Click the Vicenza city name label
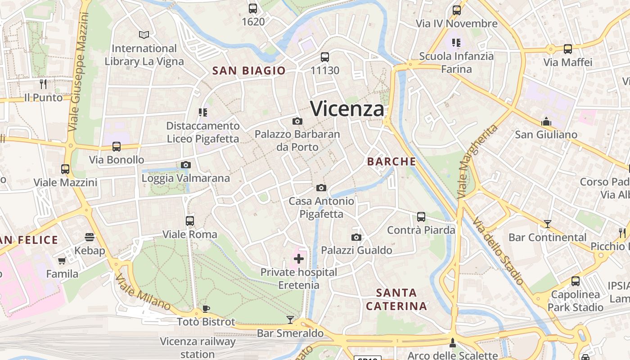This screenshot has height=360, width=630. [x=347, y=109]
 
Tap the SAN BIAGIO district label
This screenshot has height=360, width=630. [x=249, y=71]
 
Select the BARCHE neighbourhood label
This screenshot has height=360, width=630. [x=391, y=162]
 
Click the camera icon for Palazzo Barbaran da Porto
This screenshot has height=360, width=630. [x=297, y=121]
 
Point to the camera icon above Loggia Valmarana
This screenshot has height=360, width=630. [x=186, y=165]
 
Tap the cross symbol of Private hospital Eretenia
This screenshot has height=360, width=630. [x=299, y=259]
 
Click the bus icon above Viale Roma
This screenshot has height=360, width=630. [x=190, y=221]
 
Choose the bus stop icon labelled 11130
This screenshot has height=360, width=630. [x=325, y=57]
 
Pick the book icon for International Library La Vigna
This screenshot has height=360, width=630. [x=144, y=35]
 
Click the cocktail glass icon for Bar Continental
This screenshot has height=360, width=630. [x=548, y=224]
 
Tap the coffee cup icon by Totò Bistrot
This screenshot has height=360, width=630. [x=206, y=308]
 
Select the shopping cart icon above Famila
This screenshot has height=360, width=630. [x=62, y=261]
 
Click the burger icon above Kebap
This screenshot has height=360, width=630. [x=89, y=237]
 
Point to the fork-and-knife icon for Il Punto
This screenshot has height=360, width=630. [x=43, y=84]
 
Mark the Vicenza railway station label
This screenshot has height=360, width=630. [x=198, y=347]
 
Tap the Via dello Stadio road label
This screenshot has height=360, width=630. [x=498, y=251]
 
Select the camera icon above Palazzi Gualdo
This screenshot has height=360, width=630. [x=356, y=237]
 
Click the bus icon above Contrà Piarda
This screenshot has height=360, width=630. [x=421, y=217]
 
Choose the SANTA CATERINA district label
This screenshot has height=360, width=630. [x=396, y=300]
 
